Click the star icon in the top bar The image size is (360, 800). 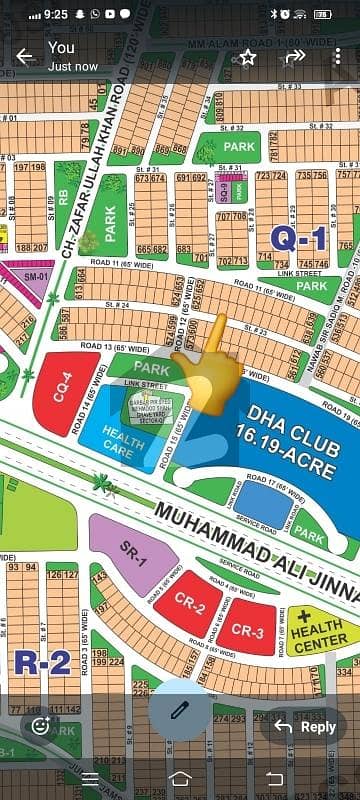coord(247,57)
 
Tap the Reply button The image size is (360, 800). coord(306,727)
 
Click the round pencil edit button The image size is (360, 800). coord(180,708)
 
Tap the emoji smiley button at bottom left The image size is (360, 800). coord(40,726)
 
